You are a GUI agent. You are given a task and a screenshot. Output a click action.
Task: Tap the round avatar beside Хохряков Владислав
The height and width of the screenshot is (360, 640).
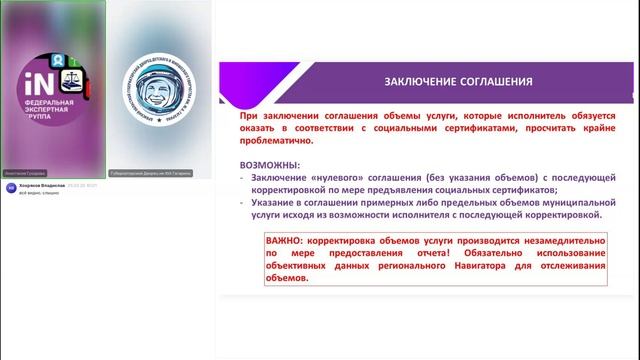(x=11, y=188)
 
